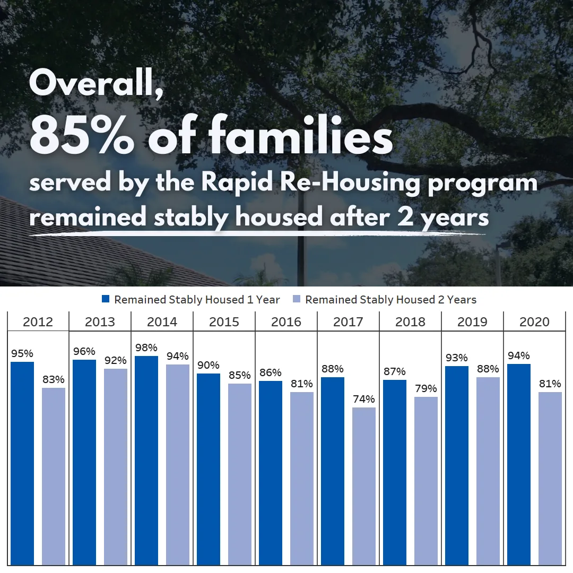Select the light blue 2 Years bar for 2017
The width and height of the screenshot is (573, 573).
click(x=364, y=485)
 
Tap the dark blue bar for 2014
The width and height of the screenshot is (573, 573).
click(x=146, y=460)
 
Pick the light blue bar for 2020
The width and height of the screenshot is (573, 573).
click(x=550, y=478)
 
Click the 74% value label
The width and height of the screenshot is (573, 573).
click(x=364, y=399)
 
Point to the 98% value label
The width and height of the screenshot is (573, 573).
click(x=146, y=348)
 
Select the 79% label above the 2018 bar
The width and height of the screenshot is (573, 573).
click(x=426, y=388)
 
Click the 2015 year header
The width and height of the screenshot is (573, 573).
click(x=224, y=322)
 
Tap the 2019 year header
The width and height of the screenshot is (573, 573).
click(x=472, y=322)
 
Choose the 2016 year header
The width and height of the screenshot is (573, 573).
click(x=286, y=322)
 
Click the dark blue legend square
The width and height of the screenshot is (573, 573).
click(x=105, y=300)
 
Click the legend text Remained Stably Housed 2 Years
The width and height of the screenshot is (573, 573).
click(x=390, y=300)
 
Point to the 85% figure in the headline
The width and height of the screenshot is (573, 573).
click(x=82, y=136)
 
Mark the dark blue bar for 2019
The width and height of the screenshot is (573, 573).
click(x=457, y=465)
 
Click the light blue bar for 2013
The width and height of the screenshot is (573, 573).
click(x=116, y=466)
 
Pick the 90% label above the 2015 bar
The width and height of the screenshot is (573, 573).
click(x=209, y=365)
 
